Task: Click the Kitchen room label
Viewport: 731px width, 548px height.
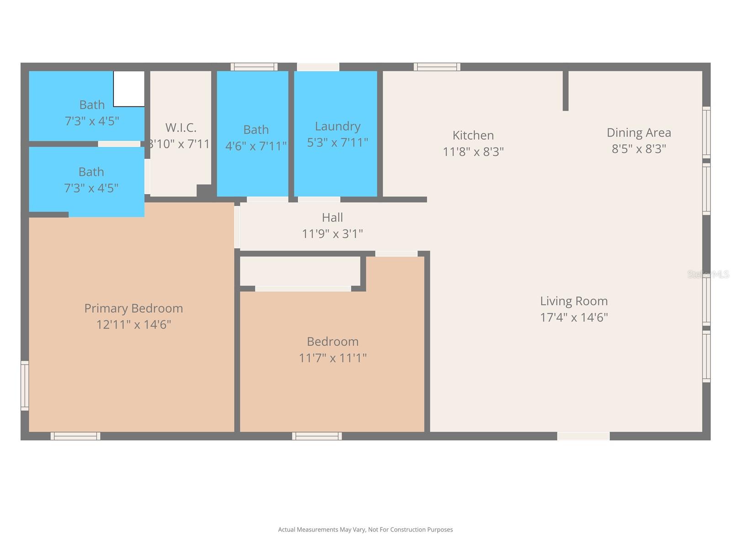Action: coord(473,135)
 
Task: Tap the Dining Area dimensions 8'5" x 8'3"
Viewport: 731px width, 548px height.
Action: coord(639,149)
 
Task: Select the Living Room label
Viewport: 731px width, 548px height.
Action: coord(574,301)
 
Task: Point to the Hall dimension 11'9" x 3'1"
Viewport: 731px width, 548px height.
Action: coord(332,234)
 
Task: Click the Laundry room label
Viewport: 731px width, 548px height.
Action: coord(338,126)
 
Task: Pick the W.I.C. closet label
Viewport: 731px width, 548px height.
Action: coord(181,127)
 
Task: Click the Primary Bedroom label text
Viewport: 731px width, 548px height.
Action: coord(133,308)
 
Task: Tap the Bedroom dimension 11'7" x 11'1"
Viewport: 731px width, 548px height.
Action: coord(333,358)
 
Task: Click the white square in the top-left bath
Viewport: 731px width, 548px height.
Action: coord(129,89)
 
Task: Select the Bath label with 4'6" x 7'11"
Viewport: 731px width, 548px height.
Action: coord(256,130)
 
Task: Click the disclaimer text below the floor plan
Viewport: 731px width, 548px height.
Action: coord(365,530)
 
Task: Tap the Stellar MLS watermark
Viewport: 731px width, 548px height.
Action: coord(708,274)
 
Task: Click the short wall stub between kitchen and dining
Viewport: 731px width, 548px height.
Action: coord(565,90)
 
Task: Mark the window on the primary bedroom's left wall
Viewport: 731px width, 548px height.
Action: coord(25,385)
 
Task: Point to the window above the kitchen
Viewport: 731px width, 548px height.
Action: coord(437,67)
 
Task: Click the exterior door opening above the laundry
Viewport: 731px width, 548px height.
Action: coord(318,67)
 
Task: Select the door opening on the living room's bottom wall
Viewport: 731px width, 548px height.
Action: coord(583,436)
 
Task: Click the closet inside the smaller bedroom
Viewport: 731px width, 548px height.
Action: coord(300,271)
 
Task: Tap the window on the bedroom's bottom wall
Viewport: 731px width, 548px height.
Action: coord(317,436)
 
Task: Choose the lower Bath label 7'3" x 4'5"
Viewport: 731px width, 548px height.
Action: coord(91,172)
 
